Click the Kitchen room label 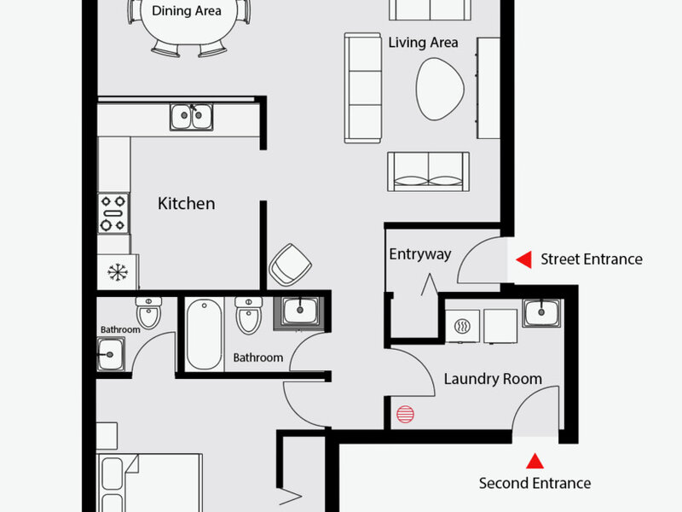(186, 203)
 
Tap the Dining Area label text (186, 11)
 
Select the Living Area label (423, 43)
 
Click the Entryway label (419, 254)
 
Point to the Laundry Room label (493, 379)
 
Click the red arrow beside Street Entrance (523, 259)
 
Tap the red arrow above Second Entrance (535, 461)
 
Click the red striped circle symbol (406, 414)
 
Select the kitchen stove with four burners (113, 213)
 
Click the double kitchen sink (191, 117)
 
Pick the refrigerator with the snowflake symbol (118, 272)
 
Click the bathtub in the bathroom (204, 335)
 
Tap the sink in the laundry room (541, 312)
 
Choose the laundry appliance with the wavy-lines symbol (462, 326)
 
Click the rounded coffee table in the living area (439, 89)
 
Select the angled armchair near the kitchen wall (290, 265)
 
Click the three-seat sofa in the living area (363, 88)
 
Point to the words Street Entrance (592, 259)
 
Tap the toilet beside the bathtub (249, 316)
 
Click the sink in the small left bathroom (111, 354)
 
